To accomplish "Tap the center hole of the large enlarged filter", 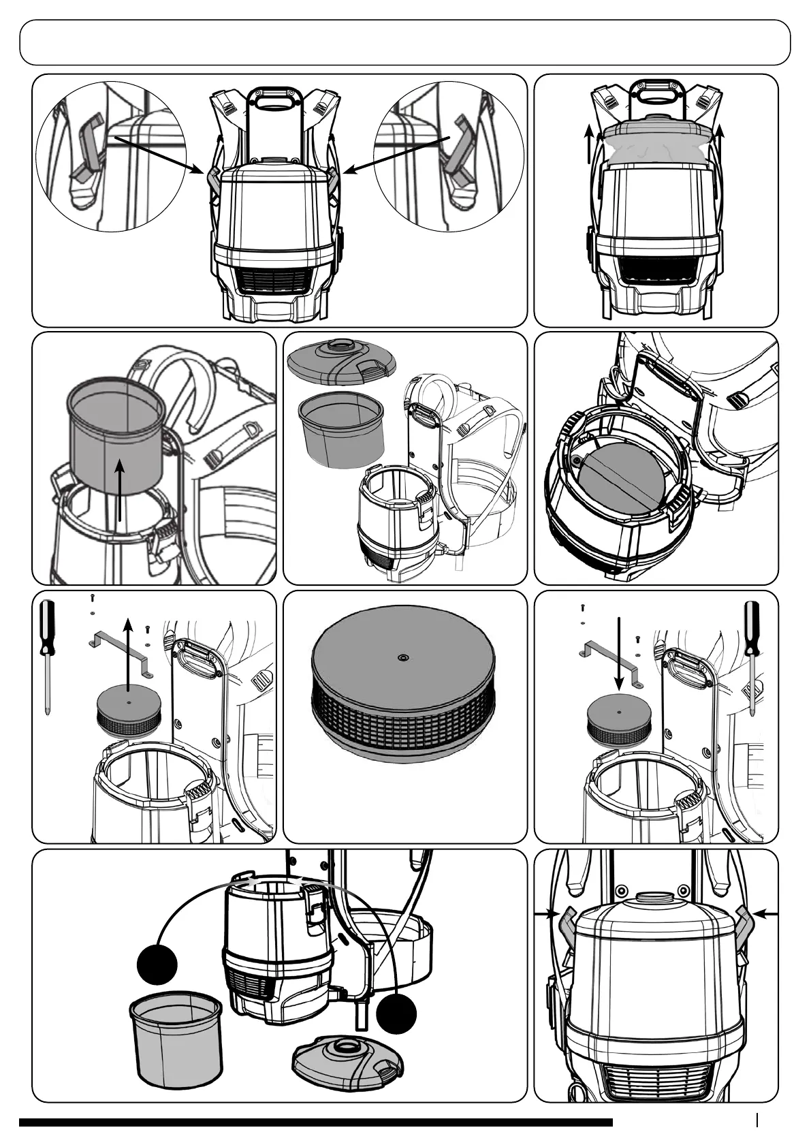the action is (403, 658).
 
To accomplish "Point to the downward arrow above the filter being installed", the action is (618, 654).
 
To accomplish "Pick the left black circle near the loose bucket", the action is (157, 964).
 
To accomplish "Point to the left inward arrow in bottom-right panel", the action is (545, 915).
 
